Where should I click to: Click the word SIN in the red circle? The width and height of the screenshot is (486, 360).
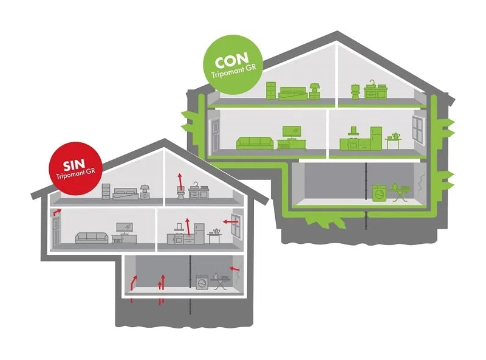point(72,164)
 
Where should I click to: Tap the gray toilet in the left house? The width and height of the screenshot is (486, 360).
point(180,192)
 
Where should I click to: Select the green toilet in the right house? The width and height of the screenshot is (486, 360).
point(354,91)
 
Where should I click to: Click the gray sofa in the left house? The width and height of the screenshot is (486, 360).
point(92,237)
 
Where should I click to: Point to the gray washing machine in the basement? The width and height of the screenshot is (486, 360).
point(202,283)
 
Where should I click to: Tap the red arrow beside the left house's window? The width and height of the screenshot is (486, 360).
point(229,222)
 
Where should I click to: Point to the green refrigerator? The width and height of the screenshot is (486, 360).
point(376,138)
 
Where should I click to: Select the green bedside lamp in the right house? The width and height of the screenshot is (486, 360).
point(314,90)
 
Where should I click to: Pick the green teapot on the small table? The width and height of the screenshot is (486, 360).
point(395,136)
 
